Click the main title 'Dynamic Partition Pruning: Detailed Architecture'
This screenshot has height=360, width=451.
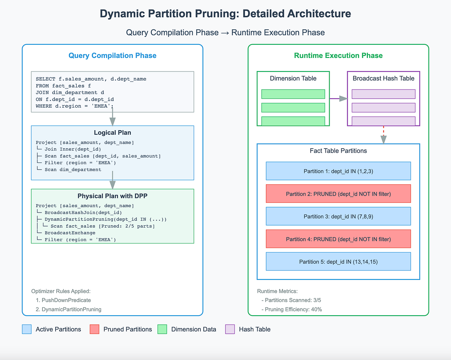pos(225,14)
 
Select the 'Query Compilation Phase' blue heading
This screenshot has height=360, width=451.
pos(112,56)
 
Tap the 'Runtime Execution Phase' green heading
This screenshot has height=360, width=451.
pos(338,56)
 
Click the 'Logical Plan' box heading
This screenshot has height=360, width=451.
pos(112,133)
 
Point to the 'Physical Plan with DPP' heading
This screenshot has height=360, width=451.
pos(112,196)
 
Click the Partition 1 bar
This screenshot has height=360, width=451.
pos(338,171)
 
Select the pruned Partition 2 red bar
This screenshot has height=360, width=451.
pos(338,194)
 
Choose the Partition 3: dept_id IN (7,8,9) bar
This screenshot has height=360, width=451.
pos(338,216)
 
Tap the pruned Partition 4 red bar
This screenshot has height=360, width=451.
pos(338,239)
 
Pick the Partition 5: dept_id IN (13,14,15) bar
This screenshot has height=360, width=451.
pos(338,261)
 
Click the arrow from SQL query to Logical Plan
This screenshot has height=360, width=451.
pos(112,118)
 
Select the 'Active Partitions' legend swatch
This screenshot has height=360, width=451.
pos(27,329)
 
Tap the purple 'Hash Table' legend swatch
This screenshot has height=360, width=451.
pos(230,329)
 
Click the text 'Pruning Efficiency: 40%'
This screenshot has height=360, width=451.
pos(294,309)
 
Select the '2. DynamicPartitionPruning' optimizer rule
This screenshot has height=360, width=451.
pos(68,309)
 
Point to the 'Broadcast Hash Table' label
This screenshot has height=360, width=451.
pos(383,79)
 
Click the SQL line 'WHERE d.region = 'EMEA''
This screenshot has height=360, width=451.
pos(74,106)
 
